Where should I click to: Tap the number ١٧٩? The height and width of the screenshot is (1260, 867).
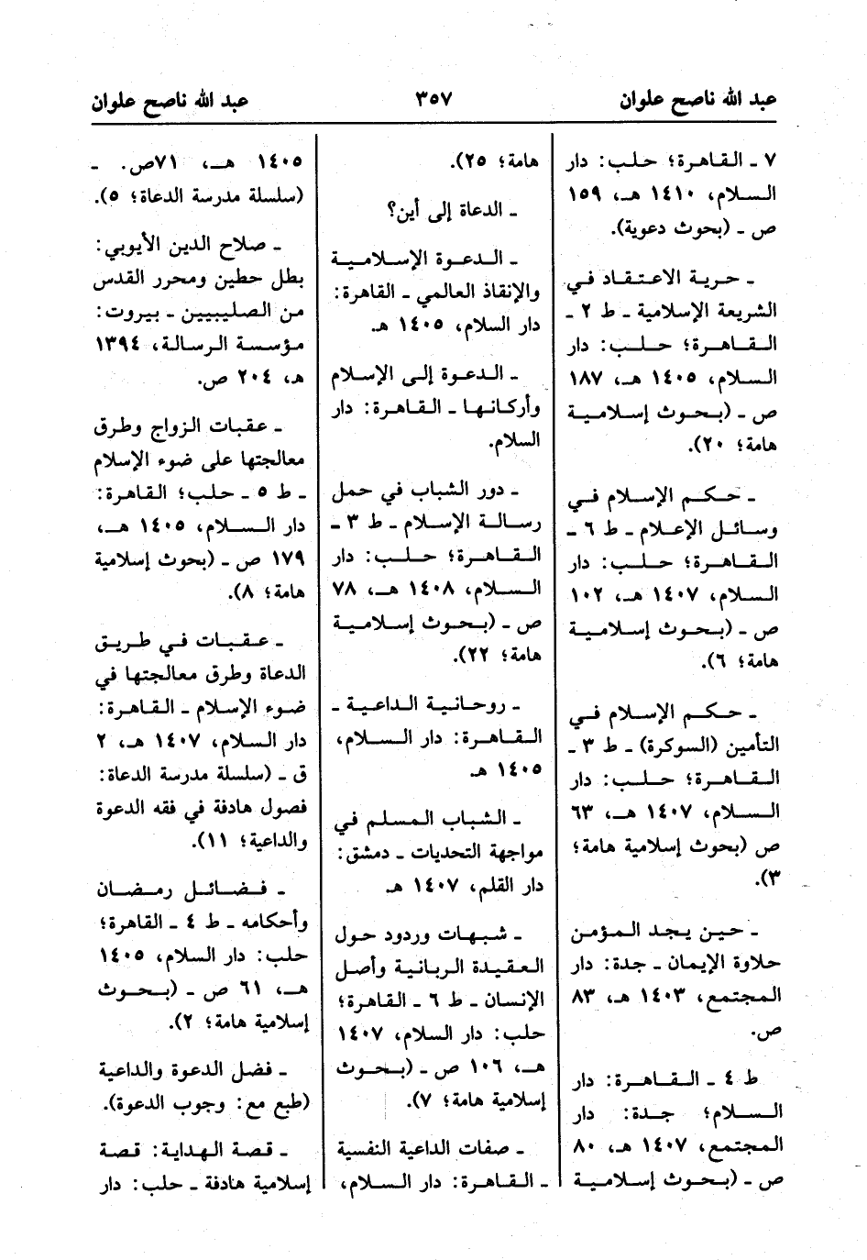[286, 560]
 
